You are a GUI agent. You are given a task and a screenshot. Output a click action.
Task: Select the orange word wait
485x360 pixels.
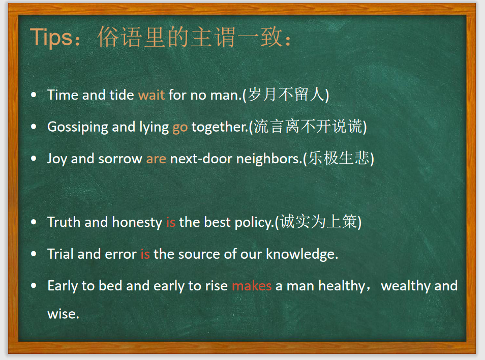151,95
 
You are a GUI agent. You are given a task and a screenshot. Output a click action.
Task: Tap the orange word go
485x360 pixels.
180,127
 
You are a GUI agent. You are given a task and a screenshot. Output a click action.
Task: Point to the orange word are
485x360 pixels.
156,159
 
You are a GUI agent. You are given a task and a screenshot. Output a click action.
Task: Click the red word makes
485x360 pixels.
252,286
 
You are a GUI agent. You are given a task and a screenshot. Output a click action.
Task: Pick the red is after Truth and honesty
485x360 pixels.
170,222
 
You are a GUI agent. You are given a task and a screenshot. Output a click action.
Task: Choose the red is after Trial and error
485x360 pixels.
145,254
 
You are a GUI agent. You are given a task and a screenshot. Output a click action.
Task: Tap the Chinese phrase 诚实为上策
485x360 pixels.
318,222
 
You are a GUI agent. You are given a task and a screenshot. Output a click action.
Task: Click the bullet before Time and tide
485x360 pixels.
34,95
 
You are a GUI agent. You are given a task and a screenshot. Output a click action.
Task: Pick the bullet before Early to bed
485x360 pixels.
34,286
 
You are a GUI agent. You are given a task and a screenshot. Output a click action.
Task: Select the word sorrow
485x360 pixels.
120,159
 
